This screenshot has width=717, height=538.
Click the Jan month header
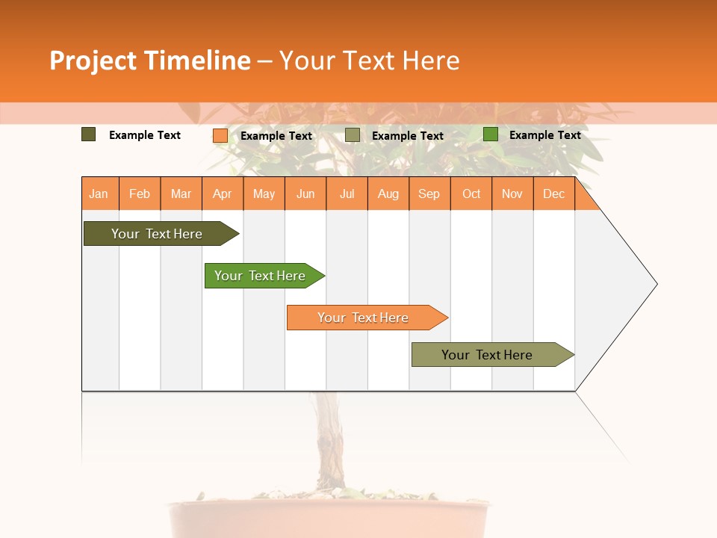(99, 194)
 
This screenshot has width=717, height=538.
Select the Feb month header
(140, 194)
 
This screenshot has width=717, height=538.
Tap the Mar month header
(181, 194)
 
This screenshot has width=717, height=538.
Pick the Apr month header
(223, 194)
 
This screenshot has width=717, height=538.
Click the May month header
(264, 194)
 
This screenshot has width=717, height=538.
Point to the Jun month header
(305, 194)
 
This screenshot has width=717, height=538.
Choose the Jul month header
(347, 194)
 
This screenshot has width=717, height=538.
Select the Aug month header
(388, 194)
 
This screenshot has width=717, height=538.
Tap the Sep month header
(429, 194)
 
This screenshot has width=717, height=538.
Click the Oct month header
(471, 194)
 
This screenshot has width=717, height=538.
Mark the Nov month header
(512, 194)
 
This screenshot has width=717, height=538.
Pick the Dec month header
(554, 194)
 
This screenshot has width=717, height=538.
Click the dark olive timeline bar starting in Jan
(158, 234)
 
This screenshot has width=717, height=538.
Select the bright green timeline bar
(261, 276)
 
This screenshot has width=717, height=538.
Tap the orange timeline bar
(364, 318)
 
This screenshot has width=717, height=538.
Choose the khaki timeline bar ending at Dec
(488, 355)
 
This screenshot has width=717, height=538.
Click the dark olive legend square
(88, 134)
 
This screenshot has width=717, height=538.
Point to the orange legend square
(220, 135)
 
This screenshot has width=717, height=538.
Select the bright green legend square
(490, 134)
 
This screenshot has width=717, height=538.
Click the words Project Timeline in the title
(150, 61)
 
